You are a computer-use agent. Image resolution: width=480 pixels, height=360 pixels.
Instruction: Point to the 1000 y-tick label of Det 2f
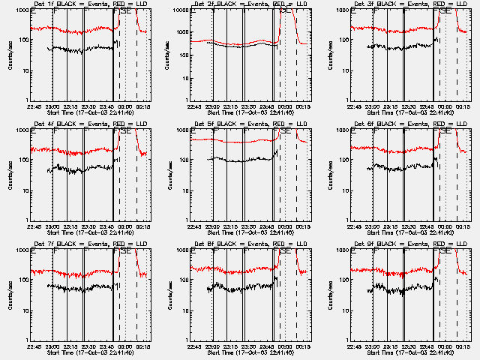pos(181,10)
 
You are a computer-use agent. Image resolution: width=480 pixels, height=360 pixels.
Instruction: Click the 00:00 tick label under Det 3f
pos(445,106)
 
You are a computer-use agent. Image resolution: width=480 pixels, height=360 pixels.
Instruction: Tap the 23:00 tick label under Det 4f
pos(52,226)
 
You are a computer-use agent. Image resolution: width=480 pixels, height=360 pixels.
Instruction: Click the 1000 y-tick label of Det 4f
pos(22,130)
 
